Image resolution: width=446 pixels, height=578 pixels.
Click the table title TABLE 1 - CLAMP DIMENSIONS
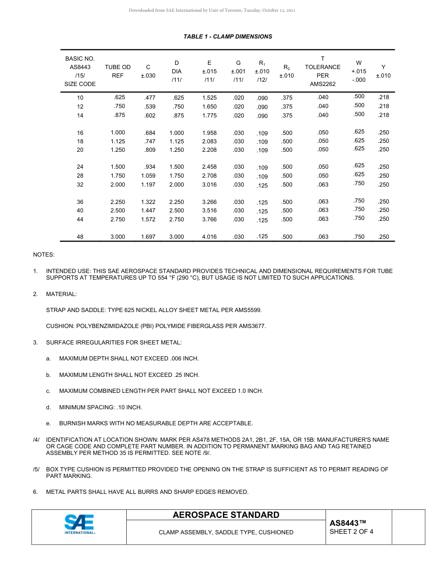[228, 37]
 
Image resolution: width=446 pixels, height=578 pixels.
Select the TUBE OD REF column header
[118, 71]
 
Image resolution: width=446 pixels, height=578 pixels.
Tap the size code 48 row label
[80, 237]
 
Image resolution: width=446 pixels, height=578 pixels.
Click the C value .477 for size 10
[148, 98]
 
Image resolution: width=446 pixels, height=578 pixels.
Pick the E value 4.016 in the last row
[209, 237]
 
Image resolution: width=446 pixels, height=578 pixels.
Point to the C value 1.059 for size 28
[148, 176]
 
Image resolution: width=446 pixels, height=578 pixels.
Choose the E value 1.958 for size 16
[209, 133]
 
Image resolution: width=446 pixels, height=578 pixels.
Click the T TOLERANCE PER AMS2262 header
[323, 71]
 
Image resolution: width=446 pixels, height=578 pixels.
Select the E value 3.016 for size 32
[209, 185]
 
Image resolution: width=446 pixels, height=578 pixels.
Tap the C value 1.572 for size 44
[148, 219]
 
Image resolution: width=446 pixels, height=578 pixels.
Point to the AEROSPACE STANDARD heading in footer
[226, 515]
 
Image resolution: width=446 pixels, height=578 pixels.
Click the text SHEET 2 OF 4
[351, 532]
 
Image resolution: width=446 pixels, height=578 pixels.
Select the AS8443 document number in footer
[347, 523]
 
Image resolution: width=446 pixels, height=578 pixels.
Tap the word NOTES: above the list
[44, 255]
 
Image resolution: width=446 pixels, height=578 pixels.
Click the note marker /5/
[36, 469]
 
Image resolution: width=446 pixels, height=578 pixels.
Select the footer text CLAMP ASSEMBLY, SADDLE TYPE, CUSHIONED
[226, 532]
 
